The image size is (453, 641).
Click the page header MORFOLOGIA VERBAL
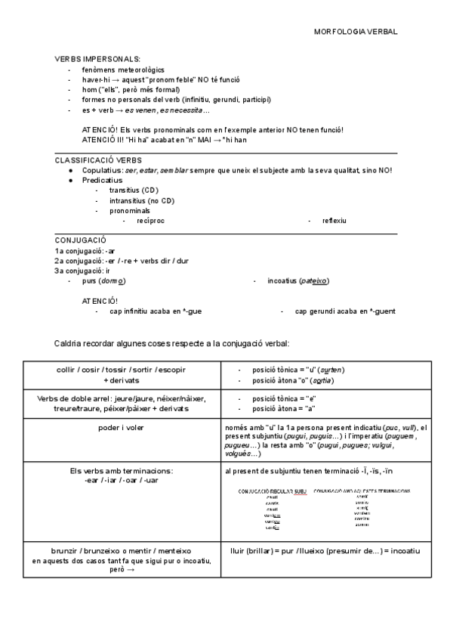pyautogui.click(x=355, y=32)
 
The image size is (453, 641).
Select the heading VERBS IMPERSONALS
pyautogui.click(x=97, y=59)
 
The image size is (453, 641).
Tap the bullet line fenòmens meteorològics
pyautogui.click(x=124, y=70)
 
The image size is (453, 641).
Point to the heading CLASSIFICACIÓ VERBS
pyautogui.click(x=97, y=160)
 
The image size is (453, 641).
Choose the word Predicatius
pyautogui.click(x=103, y=181)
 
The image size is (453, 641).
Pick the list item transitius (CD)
pyautogui.click(x=134, y=190)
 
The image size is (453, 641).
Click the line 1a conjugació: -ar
pyautogui.click(x=85, y=251)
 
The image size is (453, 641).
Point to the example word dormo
pyautogui.click(x=112, y=281)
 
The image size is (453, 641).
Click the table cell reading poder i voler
pyautogui.click(x=122, y=428)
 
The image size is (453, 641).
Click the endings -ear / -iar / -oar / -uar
pyautogui.click(x=122, y=480)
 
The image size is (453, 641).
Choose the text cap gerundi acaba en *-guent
pyautogui.click(x=345, y=311)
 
